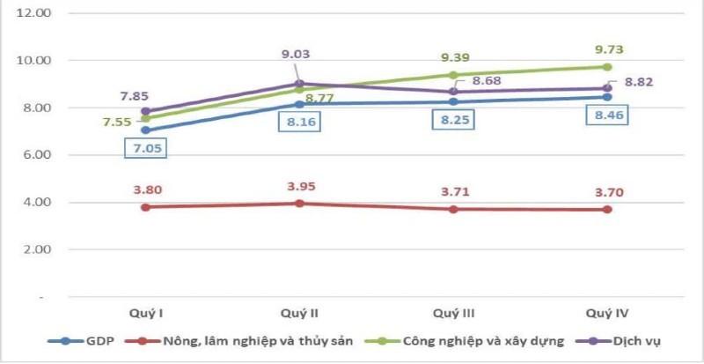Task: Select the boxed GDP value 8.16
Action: tap(299, 122)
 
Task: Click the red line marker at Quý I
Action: tap(146, 207)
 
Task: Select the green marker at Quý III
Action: tap(453, 75)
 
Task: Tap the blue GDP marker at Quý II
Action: tap(299, 104)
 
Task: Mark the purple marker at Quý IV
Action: tap(607, 88)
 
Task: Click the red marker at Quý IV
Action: tap(607, 210)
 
